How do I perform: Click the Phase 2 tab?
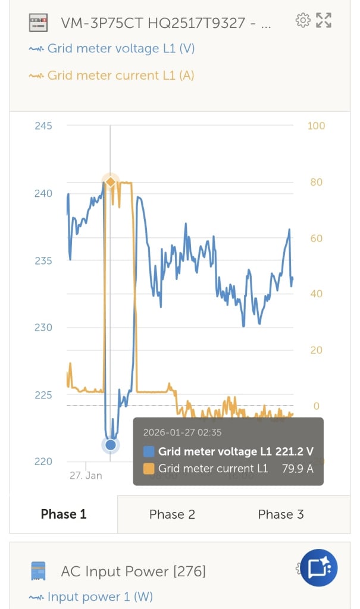[172, 514]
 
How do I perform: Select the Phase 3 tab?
[281, 514]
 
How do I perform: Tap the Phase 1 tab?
[64, 514]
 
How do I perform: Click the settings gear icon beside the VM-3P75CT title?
[303, 21]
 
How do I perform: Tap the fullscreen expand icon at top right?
[324, 21]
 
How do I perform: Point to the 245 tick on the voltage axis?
[43, 126]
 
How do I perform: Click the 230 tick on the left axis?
[43, 328]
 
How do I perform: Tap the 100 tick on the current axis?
[316, 126]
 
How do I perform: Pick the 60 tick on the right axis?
[316, 238]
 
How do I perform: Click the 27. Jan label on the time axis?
[86, 476]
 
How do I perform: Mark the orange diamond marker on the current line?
[110, 181]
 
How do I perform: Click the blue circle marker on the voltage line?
[110, 445]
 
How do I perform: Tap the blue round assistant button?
[319, 568]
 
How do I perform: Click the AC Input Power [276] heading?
[133, 572]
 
